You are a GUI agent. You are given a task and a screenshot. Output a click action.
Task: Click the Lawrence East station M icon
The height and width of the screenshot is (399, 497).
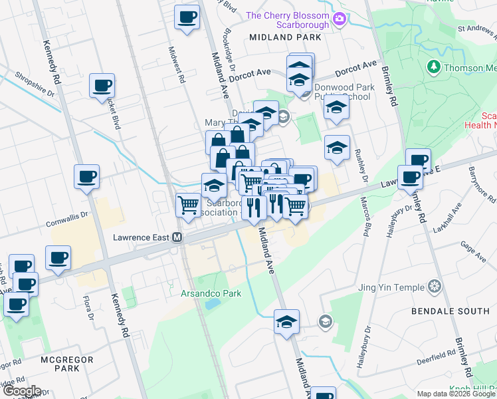(177, 237)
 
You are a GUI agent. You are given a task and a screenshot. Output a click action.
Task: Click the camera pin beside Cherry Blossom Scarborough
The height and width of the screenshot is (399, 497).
(340, 19)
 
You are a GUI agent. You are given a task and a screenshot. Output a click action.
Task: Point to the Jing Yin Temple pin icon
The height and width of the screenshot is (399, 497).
(435, 287)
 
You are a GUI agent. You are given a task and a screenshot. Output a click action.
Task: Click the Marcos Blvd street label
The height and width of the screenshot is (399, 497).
(365, 215)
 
